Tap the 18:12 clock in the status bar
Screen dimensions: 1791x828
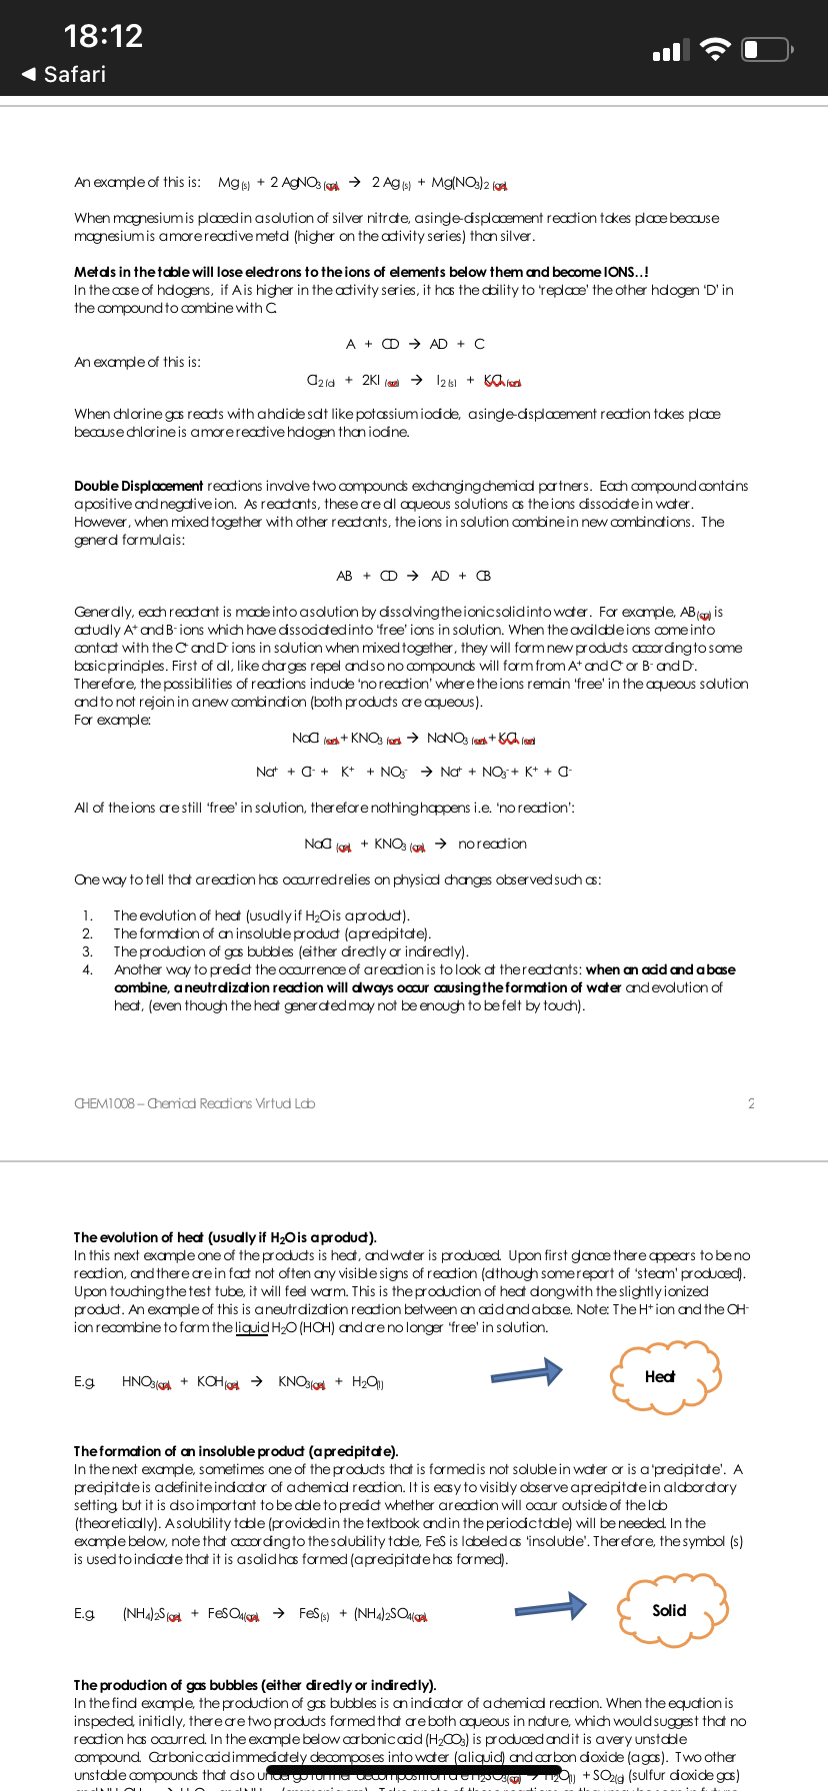[103, 36]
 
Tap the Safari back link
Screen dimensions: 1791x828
[64, 74]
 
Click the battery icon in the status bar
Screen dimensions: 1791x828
[766, 49]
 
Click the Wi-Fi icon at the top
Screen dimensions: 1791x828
[715, 49]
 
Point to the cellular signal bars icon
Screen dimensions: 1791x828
[670, 50]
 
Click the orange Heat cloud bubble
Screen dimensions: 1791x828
[665, 1377]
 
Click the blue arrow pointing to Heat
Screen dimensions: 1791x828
[526, 1373]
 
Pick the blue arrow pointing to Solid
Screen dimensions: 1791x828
[550, 1606]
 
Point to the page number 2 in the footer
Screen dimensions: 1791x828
[751, 1103]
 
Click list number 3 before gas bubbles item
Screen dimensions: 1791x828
[87, 951]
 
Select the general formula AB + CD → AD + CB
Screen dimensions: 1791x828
[413, 576]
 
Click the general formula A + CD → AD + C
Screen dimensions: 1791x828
[415, 344]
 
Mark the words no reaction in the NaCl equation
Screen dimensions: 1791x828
[492, 844]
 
